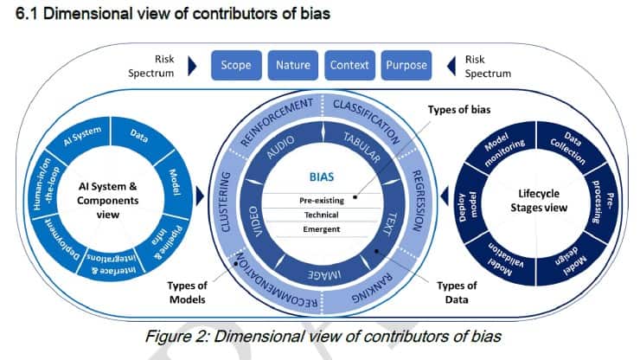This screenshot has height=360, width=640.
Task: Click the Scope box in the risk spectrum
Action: pos(236,65)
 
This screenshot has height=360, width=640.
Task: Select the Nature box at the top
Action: pos(293,65)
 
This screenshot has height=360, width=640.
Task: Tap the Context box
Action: pos(349,65)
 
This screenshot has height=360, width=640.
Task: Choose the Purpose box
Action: pos(406,65)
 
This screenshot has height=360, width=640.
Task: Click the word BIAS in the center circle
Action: pos(322,176)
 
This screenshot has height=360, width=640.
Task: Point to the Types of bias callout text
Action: pos(452,112)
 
